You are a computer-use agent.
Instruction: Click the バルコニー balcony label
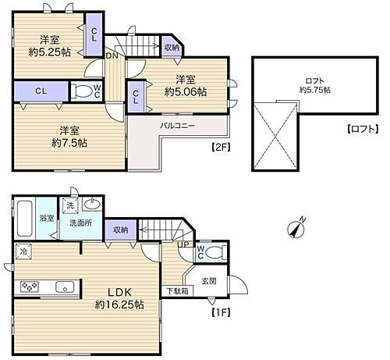tap(178, 125)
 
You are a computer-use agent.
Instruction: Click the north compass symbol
tap(295, 229)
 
